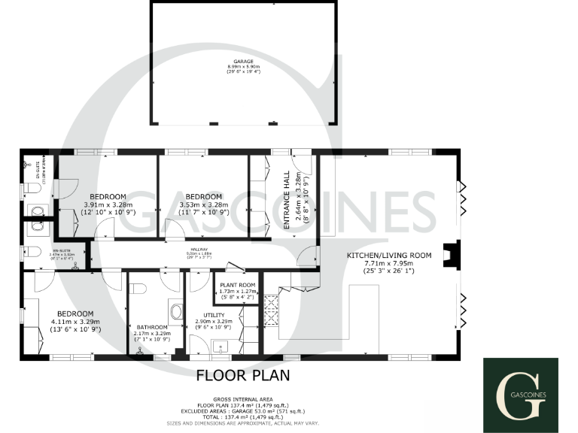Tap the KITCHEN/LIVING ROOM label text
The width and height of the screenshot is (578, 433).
pyautogui.click(x=388, y=256)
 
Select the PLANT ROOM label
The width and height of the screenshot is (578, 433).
pyautogui.click(x=237, y=286)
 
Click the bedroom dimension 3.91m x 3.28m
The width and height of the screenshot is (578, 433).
pyautogui.click(x=108, y=204)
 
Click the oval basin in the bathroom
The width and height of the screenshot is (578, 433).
pyautogui.click(x=177, y=311)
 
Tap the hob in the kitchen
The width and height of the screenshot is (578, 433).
pyautogui.click(x=272, y=308)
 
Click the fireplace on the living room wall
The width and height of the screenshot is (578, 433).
pyautogui.click(x=450, y=255)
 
